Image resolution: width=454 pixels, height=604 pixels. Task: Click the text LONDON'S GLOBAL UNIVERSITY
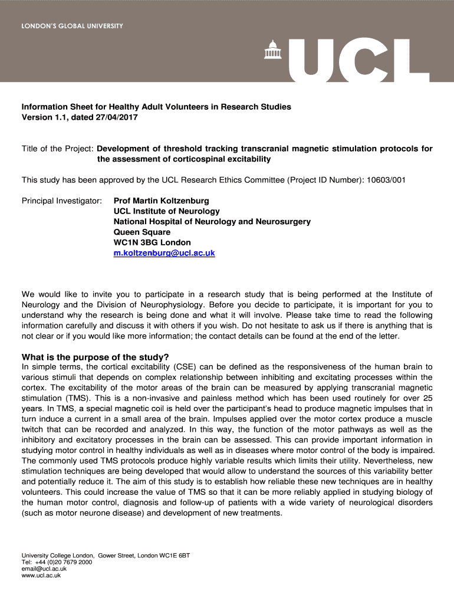(x=73, y=26)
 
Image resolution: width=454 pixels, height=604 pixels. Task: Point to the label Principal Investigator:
(x=62, y=201)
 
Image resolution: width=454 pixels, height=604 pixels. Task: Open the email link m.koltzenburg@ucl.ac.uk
(x=164, y=253)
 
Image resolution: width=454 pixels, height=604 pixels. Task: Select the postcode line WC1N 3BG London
(x=152, y=242)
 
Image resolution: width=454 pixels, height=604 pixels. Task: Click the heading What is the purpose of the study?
(x=96, y=357)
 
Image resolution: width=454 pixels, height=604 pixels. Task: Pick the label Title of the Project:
(x=58, y=149)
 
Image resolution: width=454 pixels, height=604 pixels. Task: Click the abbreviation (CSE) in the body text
(x=187, y=366)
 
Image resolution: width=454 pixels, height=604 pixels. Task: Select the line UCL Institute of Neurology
(x=166, y=211)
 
